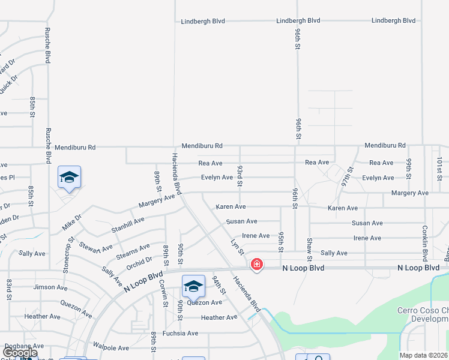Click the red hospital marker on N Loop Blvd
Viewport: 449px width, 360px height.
(x=256, y=264)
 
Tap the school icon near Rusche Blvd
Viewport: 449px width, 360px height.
(x=70, y=178)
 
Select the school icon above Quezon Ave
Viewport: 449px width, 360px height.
(x=193, y=287)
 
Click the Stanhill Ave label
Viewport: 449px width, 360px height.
(x=128, y=225)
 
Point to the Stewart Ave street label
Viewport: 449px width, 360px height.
(x=95, y=248)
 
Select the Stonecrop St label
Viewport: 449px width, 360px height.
(x=70, y=255)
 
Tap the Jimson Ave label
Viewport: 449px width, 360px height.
(x=51, y=287)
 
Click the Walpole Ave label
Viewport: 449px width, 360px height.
(x=111, y=347)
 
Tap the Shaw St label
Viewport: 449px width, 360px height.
(x=309, y=249)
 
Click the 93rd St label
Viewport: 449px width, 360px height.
(x=240, y=176)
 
